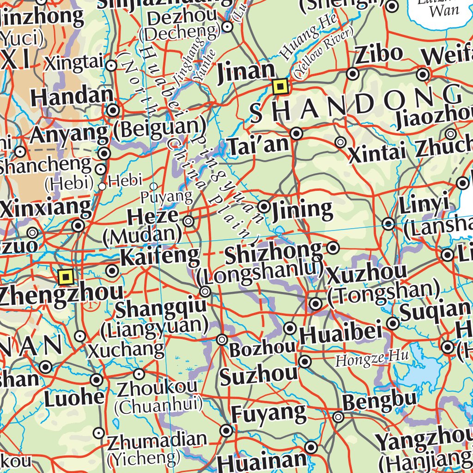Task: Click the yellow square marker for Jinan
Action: (x=280, y=86)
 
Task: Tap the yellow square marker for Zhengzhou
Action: (x=66, y=277)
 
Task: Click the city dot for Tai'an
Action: (x=297, y=134)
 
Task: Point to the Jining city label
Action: (x=303, y=210)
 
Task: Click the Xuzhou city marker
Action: (x=316, y=304)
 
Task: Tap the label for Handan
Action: (x=72, y=97)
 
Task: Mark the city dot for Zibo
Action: (x=353, y=73)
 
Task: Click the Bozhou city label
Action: (x=262, y=349)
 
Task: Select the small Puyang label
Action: (x=166, y=197)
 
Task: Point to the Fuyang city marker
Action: (x=226, y=431)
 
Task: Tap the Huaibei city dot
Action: (x=290, y=328)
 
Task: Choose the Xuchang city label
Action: (x=126, y=350)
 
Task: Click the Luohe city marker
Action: (x=97, y=380)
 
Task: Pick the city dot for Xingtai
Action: (x=111, y=66)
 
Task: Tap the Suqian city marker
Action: (x=393, y=323)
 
